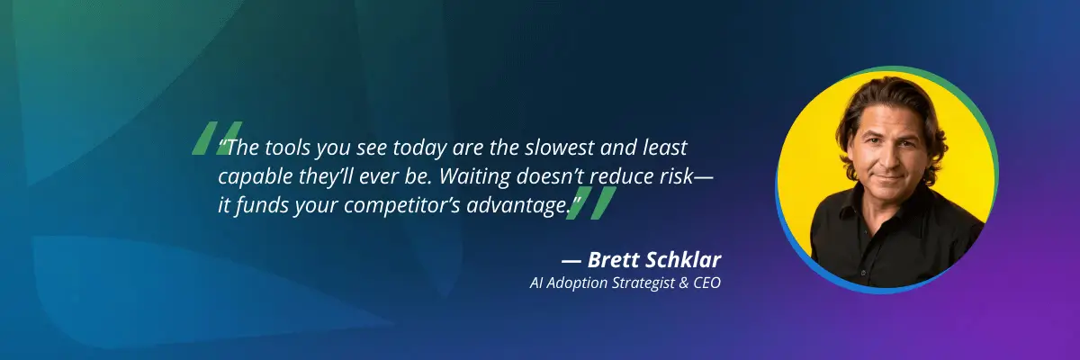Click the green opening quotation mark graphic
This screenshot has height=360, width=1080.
216,138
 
